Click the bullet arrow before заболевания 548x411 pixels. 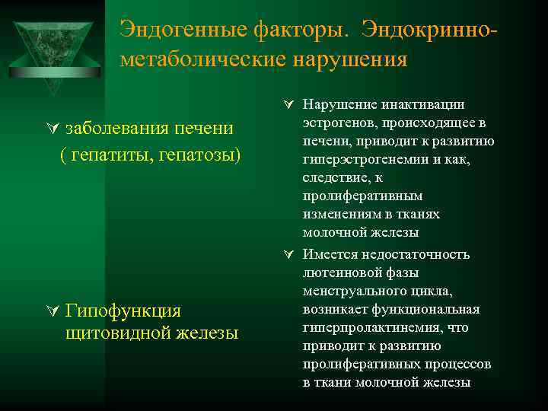click(54, 128)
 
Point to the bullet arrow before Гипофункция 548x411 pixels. click(54, 311)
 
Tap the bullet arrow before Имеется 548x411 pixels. click(290, 254)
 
